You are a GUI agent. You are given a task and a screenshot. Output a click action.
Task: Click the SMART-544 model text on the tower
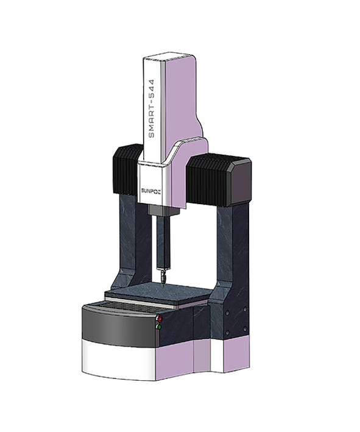tap(152, 108)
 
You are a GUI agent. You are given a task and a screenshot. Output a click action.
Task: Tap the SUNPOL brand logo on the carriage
tap(151, 191)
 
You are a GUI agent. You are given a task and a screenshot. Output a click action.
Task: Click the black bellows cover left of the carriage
tap(125, 169)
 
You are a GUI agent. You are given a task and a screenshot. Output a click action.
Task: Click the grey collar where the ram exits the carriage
tap(163, 210)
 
